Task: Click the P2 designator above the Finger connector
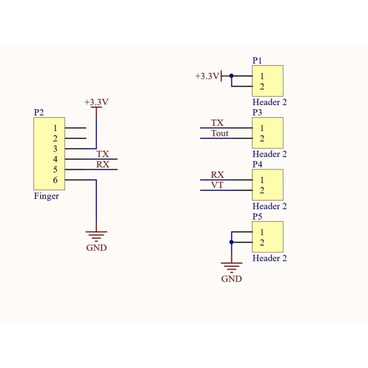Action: click(x=38, y=112)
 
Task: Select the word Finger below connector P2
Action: click(x=46, y=196)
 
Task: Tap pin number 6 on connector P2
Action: click(x=56, y=180)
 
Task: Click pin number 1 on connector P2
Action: click(x=56, y=128)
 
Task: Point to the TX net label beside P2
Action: click(x=103, y=154)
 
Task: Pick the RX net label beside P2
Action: click(x=103, y=165)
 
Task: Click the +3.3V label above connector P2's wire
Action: click(x=96, y=102)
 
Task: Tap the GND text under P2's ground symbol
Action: click(x=96, y=248)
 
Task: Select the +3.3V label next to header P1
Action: click(x=207, y=76)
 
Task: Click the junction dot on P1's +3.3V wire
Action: click(x=231, y=76)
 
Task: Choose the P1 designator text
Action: click(x=257, y=61)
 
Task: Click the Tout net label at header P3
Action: click(x=220, y=134)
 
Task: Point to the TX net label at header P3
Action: click(x=217, y=123)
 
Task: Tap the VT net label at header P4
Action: click(x=217, y=186)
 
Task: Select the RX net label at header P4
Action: click(x=217, y=175)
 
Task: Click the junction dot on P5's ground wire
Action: click(x=231, y=242)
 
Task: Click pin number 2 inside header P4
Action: click(x=262, y=191)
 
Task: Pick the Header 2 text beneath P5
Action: click(x=269, y=258)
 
